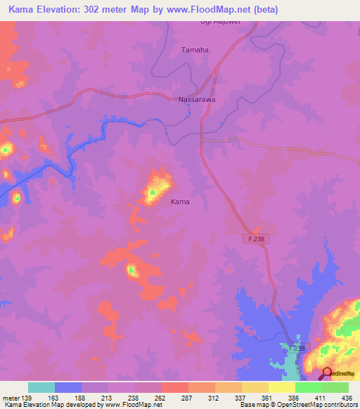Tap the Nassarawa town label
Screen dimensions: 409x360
coord(197,100)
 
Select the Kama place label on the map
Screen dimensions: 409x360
coord(180,202)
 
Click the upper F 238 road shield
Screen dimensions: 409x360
coord(257,240)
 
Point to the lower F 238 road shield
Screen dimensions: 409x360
coord(297,349)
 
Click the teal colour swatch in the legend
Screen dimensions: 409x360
coord(41,387)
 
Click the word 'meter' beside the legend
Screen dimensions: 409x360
coord(10,396)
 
